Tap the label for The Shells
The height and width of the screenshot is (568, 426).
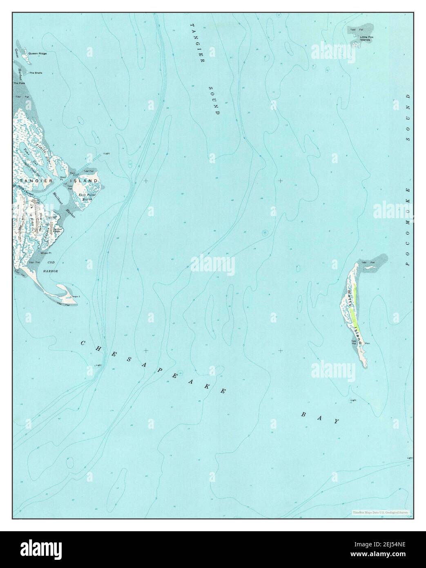(36, 73)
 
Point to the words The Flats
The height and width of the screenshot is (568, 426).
(19, 83)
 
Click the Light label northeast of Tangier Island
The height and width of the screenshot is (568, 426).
(107, 154)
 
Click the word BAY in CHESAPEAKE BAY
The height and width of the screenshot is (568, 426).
(320, 418)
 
